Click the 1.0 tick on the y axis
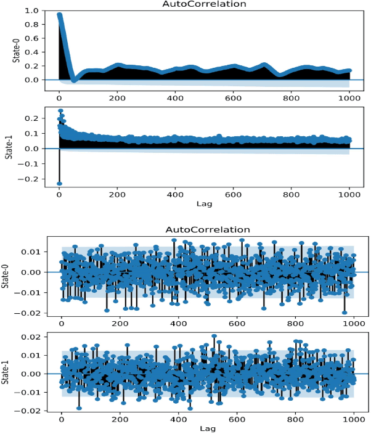click(x=34, y=11)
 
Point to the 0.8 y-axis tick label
click(x=34, y=25)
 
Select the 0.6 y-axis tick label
click(x=34, y=38)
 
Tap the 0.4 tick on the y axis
click(x=34, y=52)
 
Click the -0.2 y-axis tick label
click(x=32, y=179)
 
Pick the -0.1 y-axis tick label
click(x=32, y=163)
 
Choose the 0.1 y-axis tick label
click(x=34, y=133)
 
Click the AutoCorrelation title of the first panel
click(x=195, y=4)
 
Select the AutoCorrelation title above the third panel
click(x=195, y=229)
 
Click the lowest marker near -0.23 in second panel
click(x=59, y=183)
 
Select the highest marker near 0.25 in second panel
click(x=60, y=111)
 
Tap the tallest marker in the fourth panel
click(x=214, y=337)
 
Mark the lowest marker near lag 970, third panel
click(x=344, y=312)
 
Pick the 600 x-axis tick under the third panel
click(x=237, y=323)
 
